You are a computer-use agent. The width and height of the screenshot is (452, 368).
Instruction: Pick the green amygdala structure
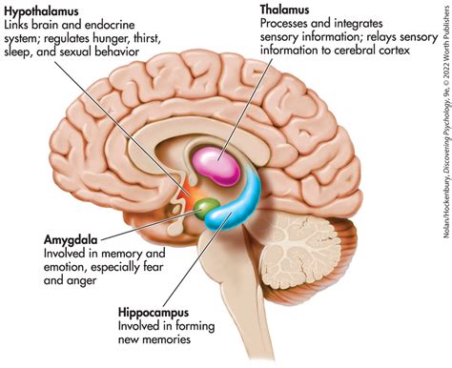[x=203, y=180]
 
